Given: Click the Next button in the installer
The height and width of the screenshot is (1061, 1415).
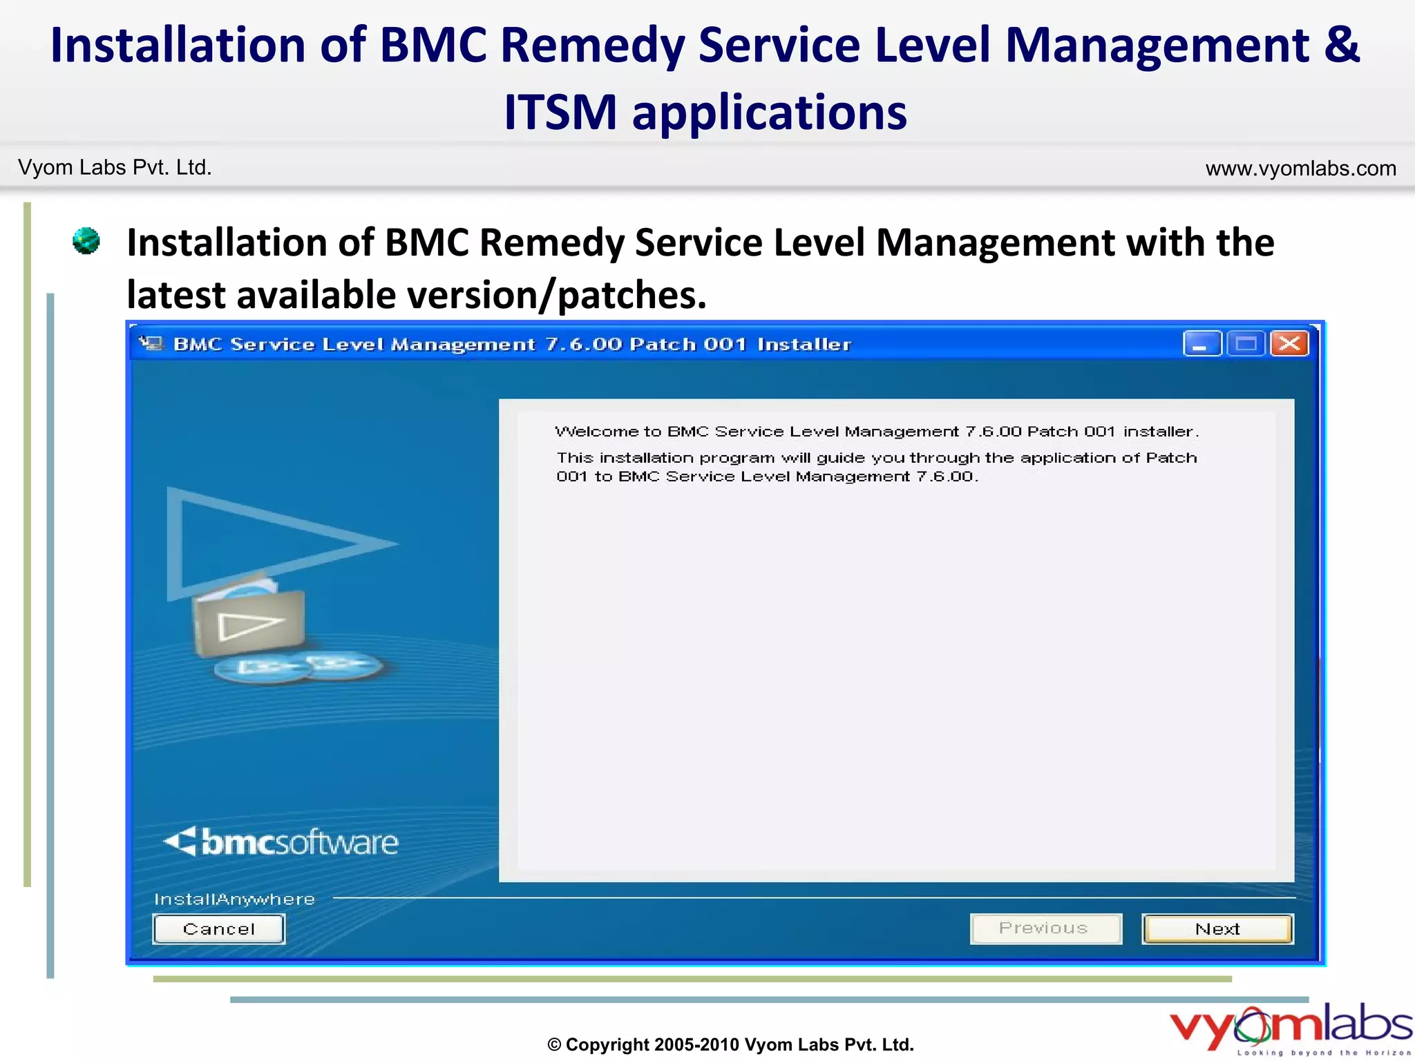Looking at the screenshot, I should pos(1217,929).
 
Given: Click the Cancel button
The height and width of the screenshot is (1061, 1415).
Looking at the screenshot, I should pos(218,929).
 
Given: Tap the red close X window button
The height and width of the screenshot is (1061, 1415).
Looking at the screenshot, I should pos(1289,343).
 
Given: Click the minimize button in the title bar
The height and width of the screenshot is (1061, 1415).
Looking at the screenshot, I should pos(1202,343).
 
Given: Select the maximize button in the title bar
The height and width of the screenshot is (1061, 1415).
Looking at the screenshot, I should pos(1246,343).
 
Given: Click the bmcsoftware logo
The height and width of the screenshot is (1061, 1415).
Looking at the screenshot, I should pos(282,842).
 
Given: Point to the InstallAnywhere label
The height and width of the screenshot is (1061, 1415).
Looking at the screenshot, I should pos(234,899).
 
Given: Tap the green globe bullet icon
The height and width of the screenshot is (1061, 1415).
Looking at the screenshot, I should pos(86,241).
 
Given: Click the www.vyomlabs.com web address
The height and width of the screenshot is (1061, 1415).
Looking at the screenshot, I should pos(1300,169).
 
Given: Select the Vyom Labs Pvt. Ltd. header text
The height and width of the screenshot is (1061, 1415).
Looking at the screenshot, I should pos(115,168).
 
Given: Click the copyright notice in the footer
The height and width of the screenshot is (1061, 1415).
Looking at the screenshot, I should pos(730,1044).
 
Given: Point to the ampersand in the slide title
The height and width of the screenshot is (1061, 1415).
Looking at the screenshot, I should pos(1342,45).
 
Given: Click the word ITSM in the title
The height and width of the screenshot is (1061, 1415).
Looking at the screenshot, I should pos(560,113).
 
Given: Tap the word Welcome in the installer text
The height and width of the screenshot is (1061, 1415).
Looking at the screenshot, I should pos(597,432).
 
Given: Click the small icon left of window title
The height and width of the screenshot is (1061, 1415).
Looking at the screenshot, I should pos(151,343).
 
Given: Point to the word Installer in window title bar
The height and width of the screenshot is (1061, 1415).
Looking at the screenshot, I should pos(804,344).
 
